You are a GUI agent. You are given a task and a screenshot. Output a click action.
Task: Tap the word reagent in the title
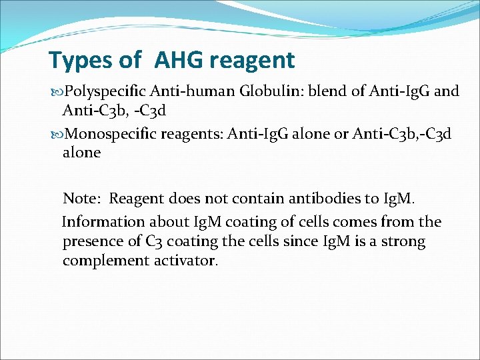point(251,61)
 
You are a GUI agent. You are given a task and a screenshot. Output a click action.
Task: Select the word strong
point(403,241)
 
